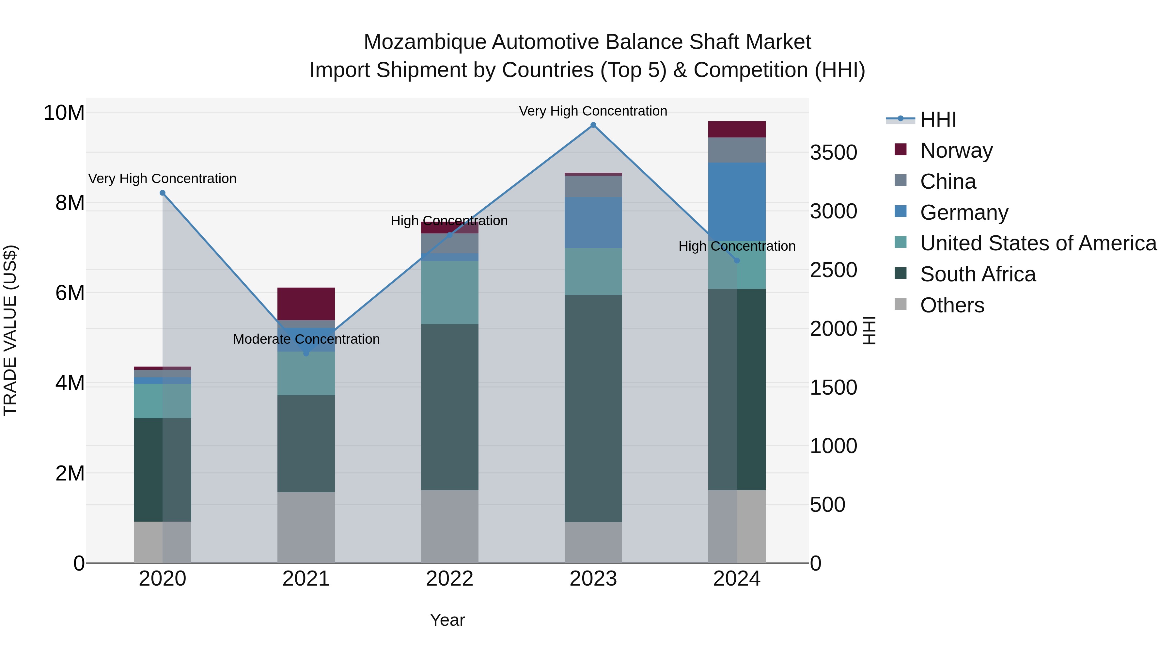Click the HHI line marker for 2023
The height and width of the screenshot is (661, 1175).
pos(593,125)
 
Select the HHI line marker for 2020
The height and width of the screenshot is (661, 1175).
pos(163,193)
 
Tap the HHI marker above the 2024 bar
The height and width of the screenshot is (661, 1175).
pos(737,260)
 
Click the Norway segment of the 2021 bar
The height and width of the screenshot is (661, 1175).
pos(306,304)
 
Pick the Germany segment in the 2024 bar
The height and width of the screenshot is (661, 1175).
pos(737,202)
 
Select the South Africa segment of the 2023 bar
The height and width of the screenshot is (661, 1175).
pos(593,408)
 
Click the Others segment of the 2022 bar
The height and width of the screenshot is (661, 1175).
pos(449,527)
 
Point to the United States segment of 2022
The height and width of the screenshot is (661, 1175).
pos(449,292)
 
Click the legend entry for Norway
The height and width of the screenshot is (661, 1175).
pos(956,150)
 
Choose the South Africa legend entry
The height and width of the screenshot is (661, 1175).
pos(978,274)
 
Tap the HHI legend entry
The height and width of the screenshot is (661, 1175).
pos(938,119)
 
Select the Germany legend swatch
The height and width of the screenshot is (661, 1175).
pos(901,212)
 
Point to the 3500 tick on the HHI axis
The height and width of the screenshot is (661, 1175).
pos(833,152)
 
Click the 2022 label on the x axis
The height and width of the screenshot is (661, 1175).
pos(449,579)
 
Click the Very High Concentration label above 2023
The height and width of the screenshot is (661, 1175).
pos(593,111)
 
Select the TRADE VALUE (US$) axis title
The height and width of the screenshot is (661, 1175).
pos(10,330)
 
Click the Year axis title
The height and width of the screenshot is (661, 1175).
pos(447,620)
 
